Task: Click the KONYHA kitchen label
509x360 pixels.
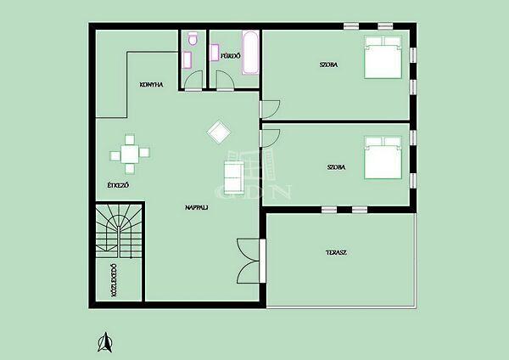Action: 151,85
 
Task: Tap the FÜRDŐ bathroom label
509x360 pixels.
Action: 231,56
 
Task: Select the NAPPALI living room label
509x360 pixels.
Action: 197,207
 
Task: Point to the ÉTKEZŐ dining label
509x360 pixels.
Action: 118,186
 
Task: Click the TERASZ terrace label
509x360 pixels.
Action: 336,252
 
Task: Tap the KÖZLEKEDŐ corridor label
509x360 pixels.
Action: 114,280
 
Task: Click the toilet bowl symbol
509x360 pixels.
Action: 193,39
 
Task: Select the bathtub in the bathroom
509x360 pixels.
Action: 250,53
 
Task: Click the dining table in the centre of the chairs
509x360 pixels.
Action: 130,154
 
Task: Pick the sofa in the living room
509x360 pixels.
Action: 234,177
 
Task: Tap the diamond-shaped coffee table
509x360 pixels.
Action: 219,132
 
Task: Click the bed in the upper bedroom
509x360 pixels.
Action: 383,57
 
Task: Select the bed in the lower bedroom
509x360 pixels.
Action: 383,158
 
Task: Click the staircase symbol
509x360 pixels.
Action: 119,231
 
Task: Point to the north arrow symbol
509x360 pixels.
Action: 105,342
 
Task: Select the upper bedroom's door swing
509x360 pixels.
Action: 270,110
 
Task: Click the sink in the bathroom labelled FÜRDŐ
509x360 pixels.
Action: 215,53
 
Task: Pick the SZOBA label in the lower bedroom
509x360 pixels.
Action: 336,167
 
